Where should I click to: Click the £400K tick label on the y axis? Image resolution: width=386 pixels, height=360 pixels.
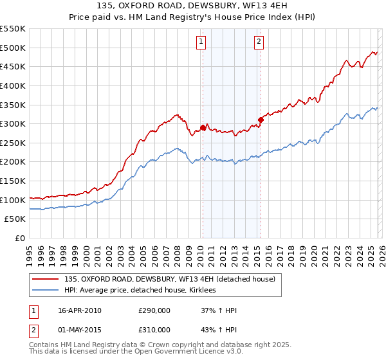click(x=13, y=85)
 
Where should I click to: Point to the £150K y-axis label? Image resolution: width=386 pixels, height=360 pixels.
click(x=13, y=181)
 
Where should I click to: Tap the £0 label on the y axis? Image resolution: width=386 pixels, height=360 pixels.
click(x=19, y=239)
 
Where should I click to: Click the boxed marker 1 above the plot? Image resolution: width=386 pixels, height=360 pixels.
click(x=201, y=42)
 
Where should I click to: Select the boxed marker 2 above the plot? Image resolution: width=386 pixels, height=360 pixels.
click(x=259, y=42)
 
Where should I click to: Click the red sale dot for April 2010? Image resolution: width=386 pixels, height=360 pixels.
click(x=203, y=127)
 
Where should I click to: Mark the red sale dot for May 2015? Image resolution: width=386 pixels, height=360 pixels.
click(x=261, y=120)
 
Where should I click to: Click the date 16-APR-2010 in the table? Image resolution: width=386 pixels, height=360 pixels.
click(x=80, y=310)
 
